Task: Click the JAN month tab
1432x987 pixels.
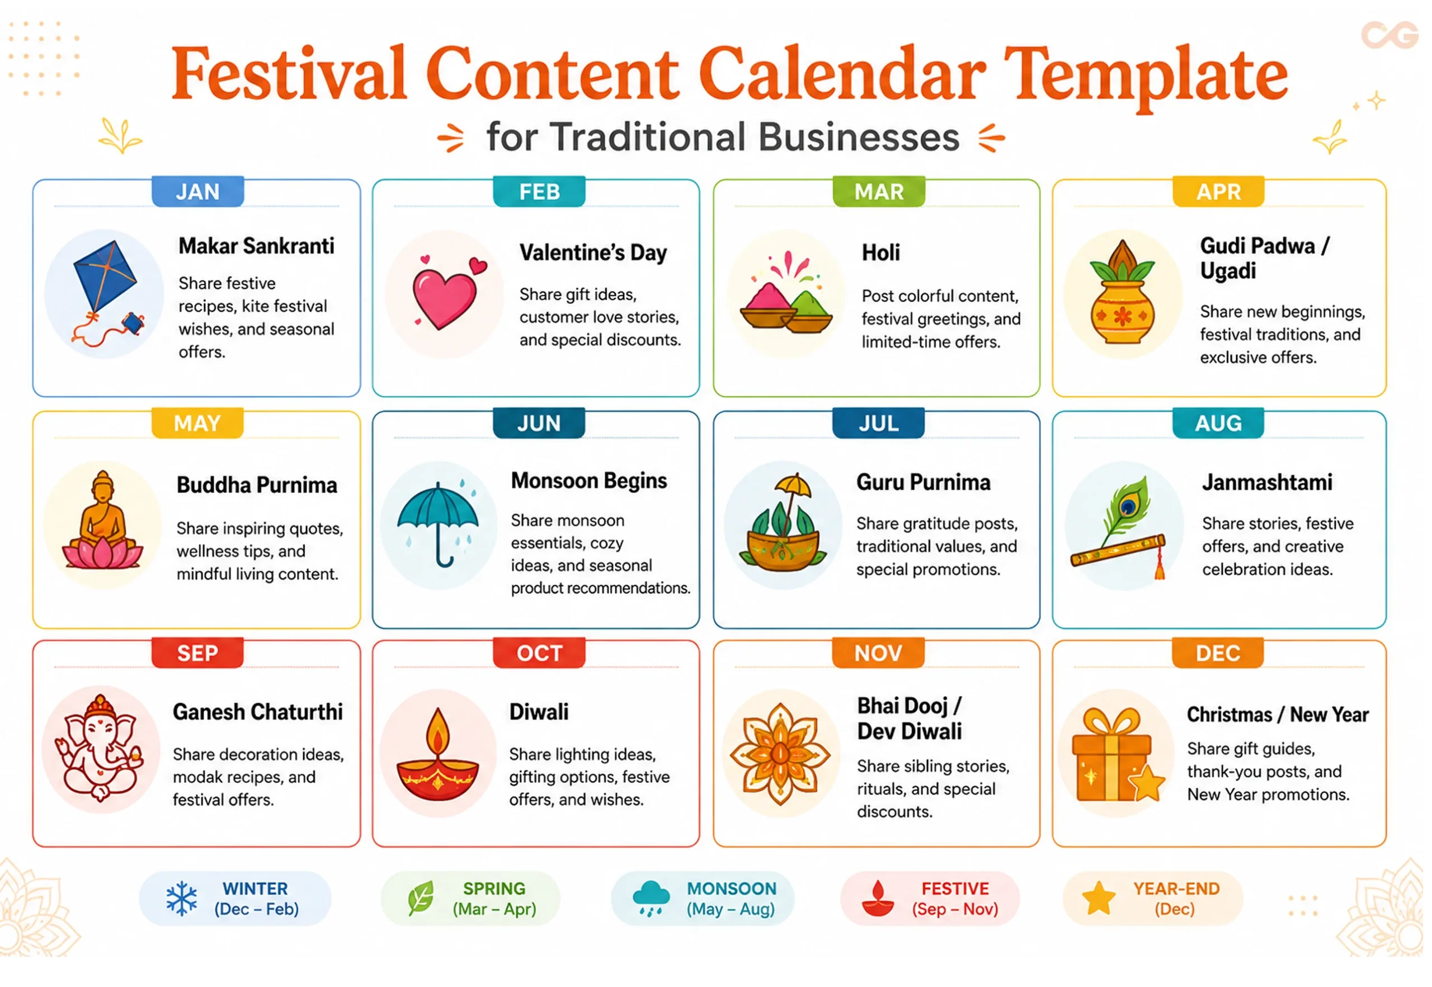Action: tap(198, 192)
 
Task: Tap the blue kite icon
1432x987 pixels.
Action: tap(105, 278)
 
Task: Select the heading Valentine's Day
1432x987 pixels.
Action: tap(593, 253)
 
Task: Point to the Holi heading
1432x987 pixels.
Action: tap(881, 253)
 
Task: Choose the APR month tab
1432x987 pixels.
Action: tap(1219, 192)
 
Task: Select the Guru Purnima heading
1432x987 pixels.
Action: tap(923, 482)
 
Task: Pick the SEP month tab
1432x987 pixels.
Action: tap(198, 653)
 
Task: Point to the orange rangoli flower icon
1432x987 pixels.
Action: tap(780, 754)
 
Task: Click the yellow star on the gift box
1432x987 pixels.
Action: tap(1147, 783)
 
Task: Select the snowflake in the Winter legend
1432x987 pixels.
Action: tap(182, 899)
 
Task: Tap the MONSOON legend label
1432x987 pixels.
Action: tap(732, 889)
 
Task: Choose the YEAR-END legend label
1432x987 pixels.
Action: tap(1176, 889)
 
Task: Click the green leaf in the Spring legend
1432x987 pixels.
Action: tap(421, 898)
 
